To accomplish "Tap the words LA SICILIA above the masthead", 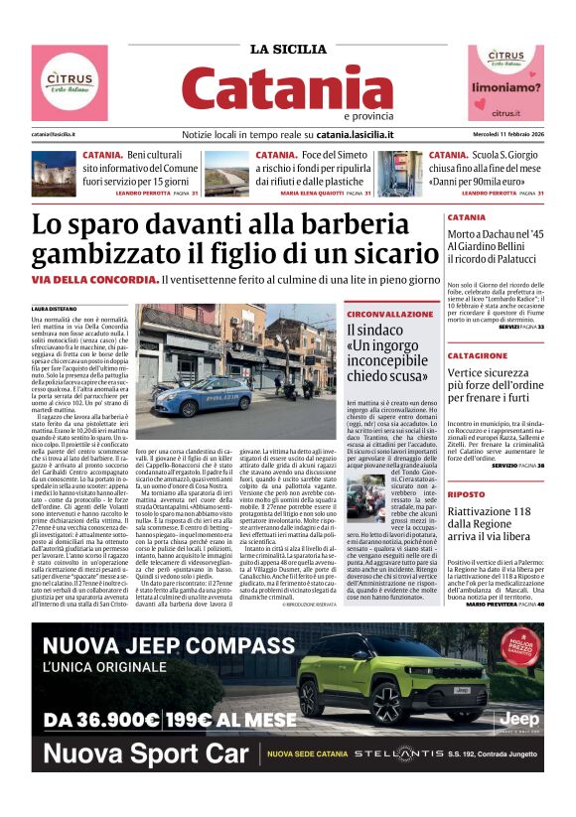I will point(287,50).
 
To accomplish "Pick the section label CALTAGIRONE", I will point(506,354).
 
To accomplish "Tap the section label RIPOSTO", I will point(494,493).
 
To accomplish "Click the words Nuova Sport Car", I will point(144,753).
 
